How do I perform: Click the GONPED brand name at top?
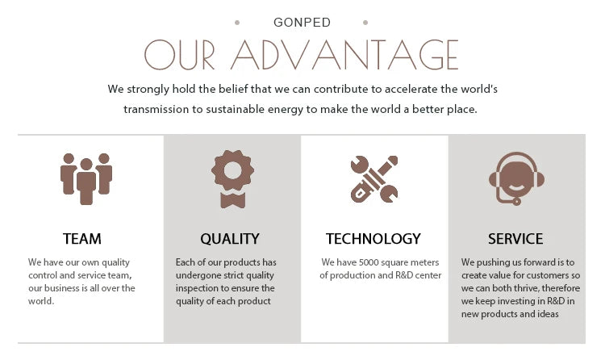302,23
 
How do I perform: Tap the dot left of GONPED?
237,23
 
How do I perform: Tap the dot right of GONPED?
365,23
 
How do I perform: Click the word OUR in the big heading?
179,54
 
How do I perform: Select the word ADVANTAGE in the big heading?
344,54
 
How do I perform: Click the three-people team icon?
86,179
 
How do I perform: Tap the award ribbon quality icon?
232,179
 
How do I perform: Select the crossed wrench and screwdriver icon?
374,179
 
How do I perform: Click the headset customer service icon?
516,178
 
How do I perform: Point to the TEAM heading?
81,239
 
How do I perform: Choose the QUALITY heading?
230,239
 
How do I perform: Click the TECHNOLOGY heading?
373,239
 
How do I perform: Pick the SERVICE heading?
515,239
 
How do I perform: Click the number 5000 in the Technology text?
369,262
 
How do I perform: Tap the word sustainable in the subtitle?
235,109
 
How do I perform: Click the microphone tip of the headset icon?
516,201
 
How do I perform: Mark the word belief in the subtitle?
232,90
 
